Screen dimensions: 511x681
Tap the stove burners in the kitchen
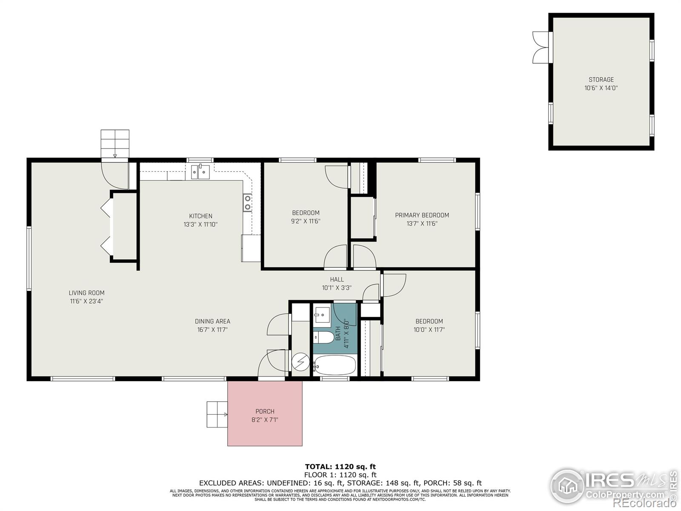pos(247,202)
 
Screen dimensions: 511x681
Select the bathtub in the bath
pos(335,365)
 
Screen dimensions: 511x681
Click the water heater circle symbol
pos(301,362)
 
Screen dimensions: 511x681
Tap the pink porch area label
pos(265,411)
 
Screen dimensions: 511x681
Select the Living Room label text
pos(86,293)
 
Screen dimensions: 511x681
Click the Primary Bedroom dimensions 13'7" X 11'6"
pos(422,224)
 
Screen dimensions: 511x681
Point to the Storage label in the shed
pos(601,80)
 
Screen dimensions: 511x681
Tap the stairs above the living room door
pos(114,144)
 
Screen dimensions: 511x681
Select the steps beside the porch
pos(217,414)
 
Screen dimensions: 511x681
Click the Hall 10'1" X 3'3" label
pos(337,284)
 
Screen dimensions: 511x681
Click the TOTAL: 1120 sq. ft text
pos(340,467)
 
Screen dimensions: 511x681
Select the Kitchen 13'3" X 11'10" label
pos(200,220)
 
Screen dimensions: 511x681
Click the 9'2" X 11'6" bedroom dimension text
pos(306,221)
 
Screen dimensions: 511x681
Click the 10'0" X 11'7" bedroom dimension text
pos(429,330)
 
